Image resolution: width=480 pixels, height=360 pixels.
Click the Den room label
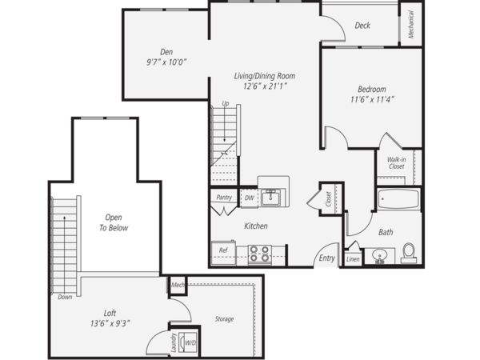point(166,52)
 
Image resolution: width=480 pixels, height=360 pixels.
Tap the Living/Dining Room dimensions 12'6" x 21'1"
point(265,86)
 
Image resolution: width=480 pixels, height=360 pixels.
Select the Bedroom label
point(372,90)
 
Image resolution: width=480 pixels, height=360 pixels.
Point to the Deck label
point(362,26)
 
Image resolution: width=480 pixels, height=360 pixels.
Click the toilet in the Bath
point(409,253)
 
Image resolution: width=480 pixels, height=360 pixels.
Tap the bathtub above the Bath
point(398,199)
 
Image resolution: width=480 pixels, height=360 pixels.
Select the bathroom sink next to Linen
point(379,256)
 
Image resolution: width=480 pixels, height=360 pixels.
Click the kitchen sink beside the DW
point(270,198)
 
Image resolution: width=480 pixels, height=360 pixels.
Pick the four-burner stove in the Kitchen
point(259,254)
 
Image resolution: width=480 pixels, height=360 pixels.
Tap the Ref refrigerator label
point(223,250)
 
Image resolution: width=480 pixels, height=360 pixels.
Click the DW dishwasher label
point(250,198)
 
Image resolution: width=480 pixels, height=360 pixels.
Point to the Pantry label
point(224,198)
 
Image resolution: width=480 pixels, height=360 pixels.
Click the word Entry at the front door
point(327,258)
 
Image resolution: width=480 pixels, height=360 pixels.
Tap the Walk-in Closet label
point(397,163)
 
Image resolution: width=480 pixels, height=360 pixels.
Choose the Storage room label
point(224,319)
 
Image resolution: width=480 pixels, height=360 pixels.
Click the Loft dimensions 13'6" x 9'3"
point(110,323)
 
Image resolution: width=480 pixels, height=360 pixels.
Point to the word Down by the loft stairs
point(65,297)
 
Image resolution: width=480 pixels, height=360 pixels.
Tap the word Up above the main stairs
point(226,103)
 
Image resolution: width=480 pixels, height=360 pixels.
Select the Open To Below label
point(114,222)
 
